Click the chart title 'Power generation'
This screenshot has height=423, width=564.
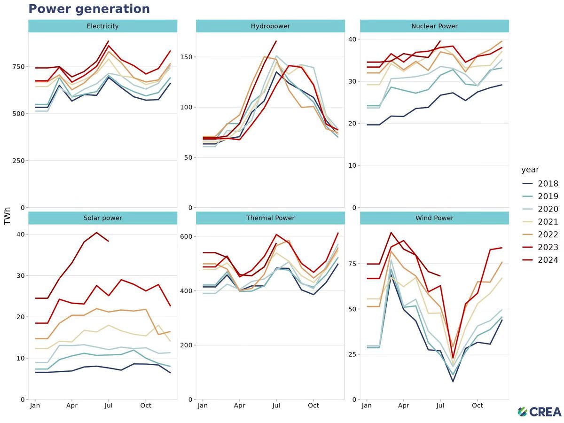[x=89, y=9]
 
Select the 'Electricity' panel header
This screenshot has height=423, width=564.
[x=102, y=26]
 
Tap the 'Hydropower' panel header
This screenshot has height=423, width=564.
[x=270, y=26]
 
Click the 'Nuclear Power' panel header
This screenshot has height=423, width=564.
[x=434, y=26]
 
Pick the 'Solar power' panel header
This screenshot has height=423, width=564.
[x=102, y=218]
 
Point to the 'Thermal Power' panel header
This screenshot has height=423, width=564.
[x=270, y=218]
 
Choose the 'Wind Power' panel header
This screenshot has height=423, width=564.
[x=434, y=218]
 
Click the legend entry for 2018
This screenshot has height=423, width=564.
[x=540, y=184]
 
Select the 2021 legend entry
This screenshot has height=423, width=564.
[x=540, y=222]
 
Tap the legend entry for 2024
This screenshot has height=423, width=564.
[x=540, y=260]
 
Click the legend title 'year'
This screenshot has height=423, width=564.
[x=530, y=170]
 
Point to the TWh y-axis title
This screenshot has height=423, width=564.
[x=7, y=216]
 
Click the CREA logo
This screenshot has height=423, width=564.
[x=540, y=412]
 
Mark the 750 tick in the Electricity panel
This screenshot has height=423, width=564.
[x=18, y=67]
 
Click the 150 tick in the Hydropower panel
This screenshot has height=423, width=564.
[x=186, y=57]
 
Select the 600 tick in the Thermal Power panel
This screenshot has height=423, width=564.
[x=186, y=236]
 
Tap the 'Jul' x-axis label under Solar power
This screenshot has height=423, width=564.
[x=109, y=406]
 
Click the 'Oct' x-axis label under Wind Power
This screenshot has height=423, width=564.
[x=478, y=406]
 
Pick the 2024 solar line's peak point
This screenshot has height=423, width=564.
[x=96, y=233]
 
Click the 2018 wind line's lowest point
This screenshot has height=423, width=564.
[x=453, y=382]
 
